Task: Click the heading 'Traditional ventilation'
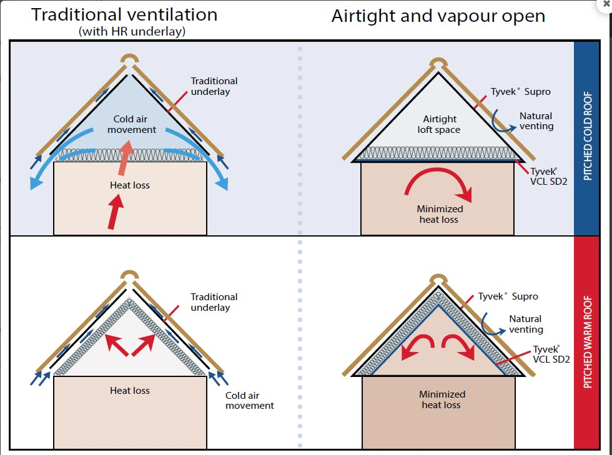point(124,15)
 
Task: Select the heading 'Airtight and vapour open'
point(438,16)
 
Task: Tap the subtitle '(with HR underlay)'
point(132,32)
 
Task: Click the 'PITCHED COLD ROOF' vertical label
point(587,136)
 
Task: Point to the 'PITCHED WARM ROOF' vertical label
point(587,342)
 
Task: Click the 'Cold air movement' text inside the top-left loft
point(132,124)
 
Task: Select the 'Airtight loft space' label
point(439,124)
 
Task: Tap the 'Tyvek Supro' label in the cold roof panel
point(520,91)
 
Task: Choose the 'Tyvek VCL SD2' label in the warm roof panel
point(551,354)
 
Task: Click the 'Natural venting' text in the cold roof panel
point(536,121)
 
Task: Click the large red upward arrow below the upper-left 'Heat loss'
point(116,212)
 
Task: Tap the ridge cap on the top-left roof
point(130,58)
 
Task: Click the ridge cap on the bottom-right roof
point(438,278)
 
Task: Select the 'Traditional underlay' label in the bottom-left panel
point(214,302)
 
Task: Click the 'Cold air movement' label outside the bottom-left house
point(249,400)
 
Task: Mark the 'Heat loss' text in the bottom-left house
point(130,390)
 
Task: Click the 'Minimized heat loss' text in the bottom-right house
point(442,399)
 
